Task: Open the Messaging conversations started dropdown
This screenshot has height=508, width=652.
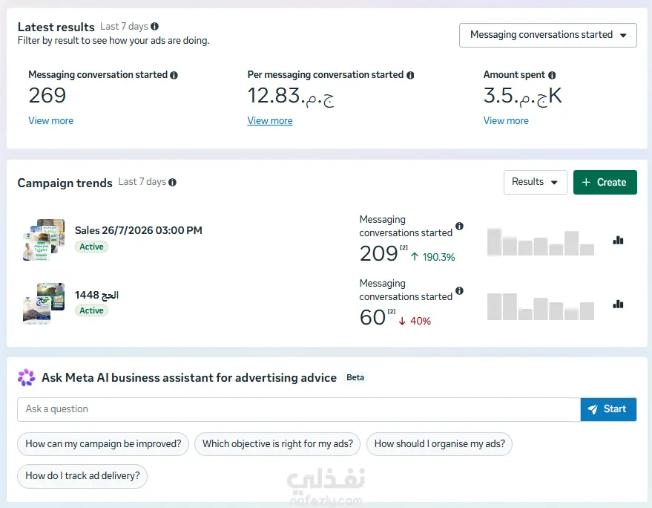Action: click(547, 35)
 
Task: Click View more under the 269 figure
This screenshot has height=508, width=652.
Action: click(50, 121)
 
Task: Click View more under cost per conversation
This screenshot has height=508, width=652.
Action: click(270, 121)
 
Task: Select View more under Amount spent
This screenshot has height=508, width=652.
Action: click(506, 121)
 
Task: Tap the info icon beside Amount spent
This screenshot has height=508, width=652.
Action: click(552, 75)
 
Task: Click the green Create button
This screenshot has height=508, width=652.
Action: click(605, 182)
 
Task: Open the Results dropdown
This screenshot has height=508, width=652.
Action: click(535, 182)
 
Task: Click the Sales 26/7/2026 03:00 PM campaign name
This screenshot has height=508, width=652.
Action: click(139, 230)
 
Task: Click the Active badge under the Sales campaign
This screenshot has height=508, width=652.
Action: click(91, 247)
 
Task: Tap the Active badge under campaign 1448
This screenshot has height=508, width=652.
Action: click(91, 310)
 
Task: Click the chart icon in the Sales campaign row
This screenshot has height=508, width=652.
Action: click(618, 240)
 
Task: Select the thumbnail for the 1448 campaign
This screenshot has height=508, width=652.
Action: click(44, 304)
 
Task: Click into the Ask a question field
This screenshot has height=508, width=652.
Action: click(299, 409)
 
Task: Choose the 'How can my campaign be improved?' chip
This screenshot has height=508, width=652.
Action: click(103, 444)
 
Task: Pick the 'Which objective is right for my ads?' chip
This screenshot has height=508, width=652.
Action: click(277, 444)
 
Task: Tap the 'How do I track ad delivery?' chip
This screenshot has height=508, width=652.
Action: click(82, 476)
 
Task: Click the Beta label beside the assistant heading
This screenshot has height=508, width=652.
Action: click(355, 378)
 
